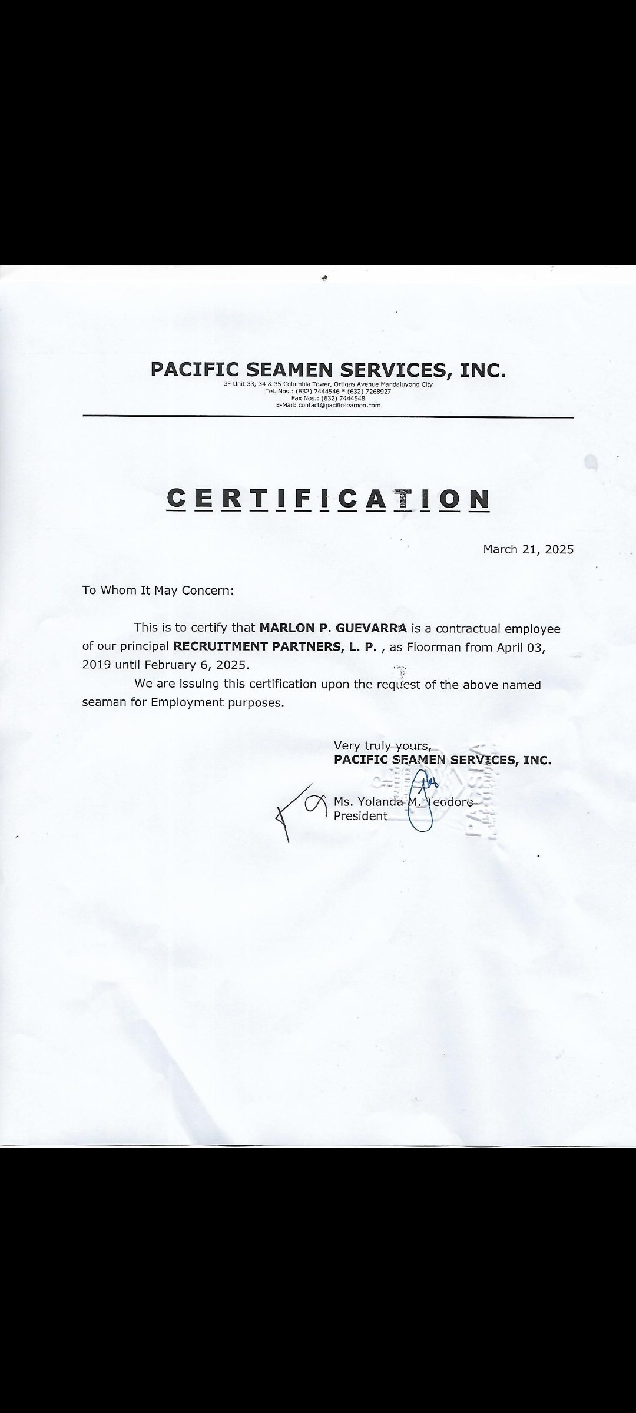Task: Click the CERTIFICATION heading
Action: point(328,498)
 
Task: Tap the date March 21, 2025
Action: point(528,549)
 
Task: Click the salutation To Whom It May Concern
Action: point(158,590)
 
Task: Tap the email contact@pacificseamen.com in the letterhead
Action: point(328,405)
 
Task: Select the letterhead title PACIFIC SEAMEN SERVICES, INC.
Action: point(328,370)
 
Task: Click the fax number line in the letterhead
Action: point(328,398)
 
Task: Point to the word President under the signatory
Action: point(360,816)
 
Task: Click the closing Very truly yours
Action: point(382,746)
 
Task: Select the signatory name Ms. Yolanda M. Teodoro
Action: point(403,801)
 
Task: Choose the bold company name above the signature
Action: point(442,759)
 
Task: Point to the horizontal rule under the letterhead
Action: point(328,417)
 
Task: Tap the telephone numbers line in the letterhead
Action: point(328,391)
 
